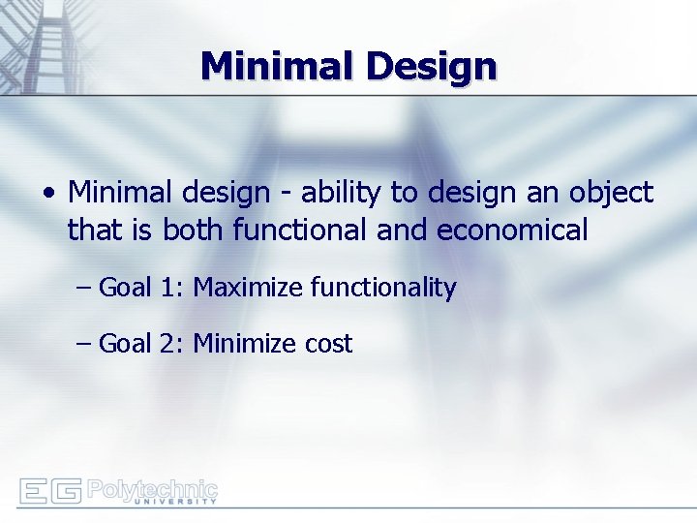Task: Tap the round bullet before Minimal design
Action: tap(48, 194)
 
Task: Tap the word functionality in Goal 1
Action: tap(382, 288)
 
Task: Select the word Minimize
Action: tap(246, 344)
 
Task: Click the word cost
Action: tap(328, 344)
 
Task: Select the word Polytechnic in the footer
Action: tap(152, 487)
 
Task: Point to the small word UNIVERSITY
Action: tap(174, 502)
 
